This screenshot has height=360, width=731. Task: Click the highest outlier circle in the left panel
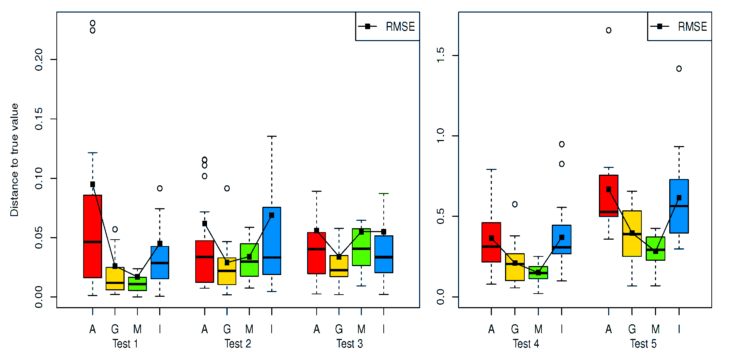[92, 23]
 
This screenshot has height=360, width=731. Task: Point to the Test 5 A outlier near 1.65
[609, 30]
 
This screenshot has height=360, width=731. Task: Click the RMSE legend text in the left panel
[400, 27]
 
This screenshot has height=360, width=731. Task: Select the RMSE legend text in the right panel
[692, 27]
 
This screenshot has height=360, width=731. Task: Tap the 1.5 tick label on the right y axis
[441, 55]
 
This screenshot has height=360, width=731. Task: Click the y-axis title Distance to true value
[14, 160]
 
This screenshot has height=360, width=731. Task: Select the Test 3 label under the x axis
[349, 344]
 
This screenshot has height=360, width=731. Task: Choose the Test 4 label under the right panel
[526, 344]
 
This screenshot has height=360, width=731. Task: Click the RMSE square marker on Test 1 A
[92, 184]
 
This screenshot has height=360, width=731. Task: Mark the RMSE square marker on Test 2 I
[272, 215]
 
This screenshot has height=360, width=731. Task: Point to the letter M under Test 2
[249, 329]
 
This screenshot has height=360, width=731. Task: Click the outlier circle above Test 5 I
[679, 69]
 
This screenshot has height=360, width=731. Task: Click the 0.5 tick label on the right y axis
[441, 216]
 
